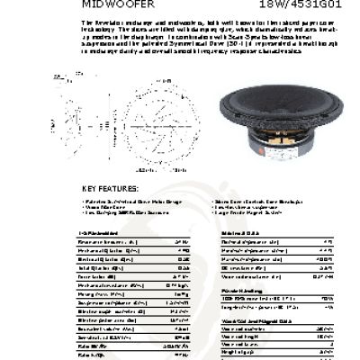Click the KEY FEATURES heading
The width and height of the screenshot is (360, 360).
pyautogui.click(x=109, y=188)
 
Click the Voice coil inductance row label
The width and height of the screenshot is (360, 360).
pyautogui.click(x=251, y=276)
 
